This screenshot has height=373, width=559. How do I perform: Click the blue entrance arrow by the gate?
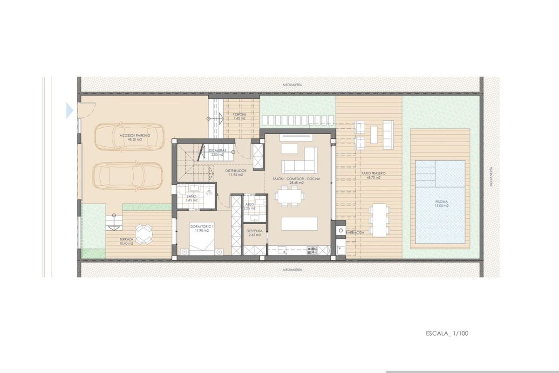click(70, 111)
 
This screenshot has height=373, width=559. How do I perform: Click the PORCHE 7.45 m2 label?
click(239, 116)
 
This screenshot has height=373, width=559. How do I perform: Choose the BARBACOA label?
click(354, 232)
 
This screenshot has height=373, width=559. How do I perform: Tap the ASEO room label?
click(250, 206)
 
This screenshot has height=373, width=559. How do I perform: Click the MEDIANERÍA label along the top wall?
click(293, 85)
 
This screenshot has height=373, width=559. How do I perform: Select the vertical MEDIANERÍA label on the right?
click(492, 177)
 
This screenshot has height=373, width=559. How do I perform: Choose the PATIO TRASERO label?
click(373, 175)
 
